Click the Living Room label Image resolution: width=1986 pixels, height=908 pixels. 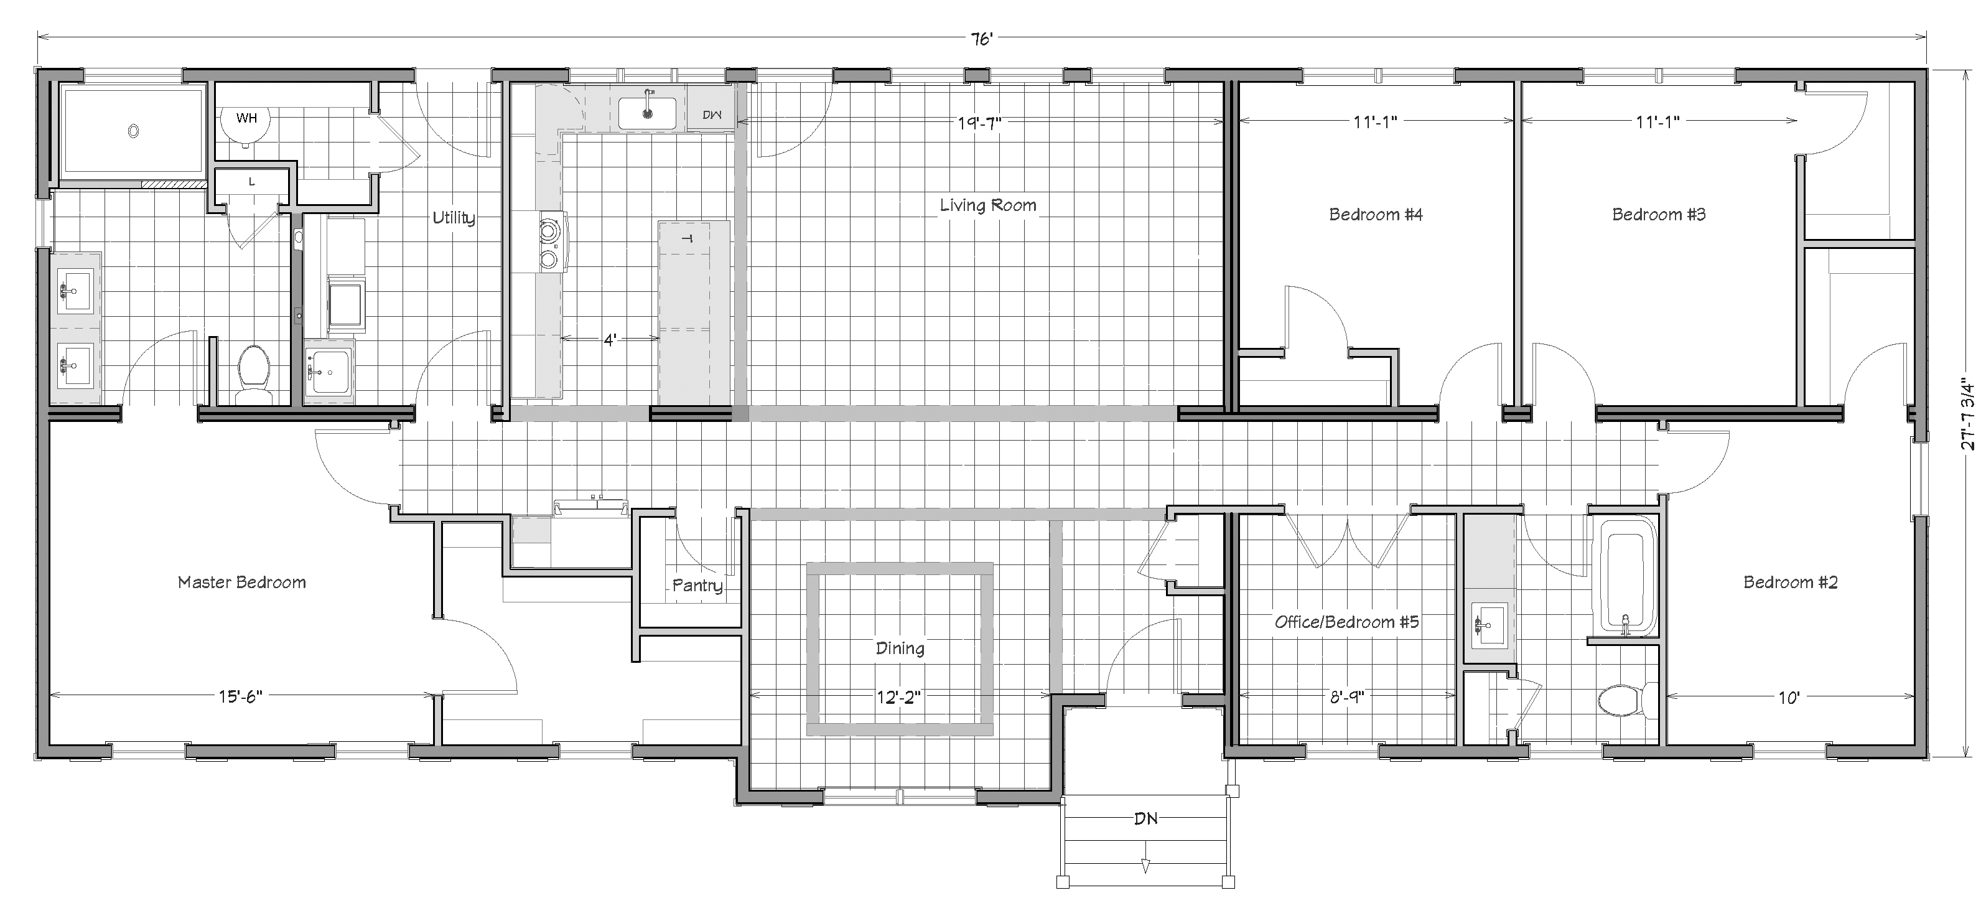point(987,205)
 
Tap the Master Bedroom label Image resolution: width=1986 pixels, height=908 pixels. point(241,583)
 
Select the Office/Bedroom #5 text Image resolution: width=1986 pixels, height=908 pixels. point(1346,622)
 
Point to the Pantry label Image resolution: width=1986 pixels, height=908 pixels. point(697,586)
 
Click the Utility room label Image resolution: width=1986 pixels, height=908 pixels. point(454,218)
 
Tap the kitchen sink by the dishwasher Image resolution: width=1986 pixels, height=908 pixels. point(647,113)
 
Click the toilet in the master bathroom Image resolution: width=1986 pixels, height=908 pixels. point(251,375)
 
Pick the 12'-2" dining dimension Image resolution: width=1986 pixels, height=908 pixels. point(899,698)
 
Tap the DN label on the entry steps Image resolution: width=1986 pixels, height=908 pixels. point(1145,818)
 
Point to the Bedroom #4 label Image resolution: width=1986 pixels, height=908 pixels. point(1376,215)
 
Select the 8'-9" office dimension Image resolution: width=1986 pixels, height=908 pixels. point(1346,698)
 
